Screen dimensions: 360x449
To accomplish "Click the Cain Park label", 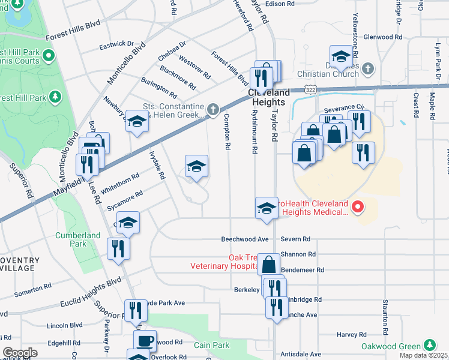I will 212,345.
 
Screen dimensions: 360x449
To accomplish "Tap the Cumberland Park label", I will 78,239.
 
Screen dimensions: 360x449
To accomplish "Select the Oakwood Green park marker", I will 429,346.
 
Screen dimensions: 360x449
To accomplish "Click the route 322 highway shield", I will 310,89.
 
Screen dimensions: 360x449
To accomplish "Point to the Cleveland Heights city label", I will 270,98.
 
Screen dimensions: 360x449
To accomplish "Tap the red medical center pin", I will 358,208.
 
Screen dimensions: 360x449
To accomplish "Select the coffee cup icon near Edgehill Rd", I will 145,341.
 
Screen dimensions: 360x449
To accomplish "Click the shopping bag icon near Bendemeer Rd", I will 270,263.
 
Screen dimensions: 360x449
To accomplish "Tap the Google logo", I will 20,353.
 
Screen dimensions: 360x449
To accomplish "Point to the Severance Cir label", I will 345,107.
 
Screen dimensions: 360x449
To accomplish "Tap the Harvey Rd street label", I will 352,334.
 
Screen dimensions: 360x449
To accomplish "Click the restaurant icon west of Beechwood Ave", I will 118,248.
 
